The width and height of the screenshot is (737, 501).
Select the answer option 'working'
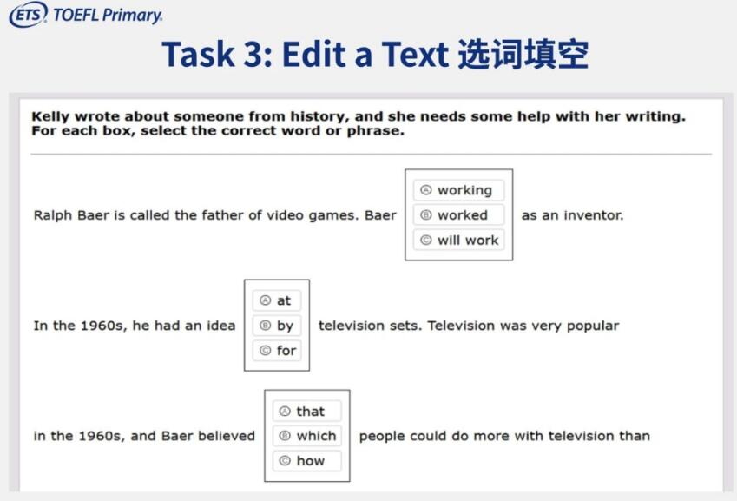coord(458,190)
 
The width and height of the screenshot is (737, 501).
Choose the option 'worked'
coord(458,214)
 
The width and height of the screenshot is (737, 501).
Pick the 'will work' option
coord(458,240)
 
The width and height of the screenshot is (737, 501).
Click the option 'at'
coord(276,300)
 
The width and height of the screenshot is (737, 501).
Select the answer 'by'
coord(276,326)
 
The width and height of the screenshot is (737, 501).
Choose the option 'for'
coord(276,350)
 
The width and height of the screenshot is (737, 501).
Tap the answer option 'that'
coord(307,412)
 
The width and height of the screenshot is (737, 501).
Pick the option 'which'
coord(307,436)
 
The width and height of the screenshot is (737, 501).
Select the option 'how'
coord(307,460)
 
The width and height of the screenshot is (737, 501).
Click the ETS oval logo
coord(28,14)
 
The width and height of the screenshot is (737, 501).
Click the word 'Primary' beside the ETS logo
coord(132,16)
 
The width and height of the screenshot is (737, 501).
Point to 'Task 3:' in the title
coord(217,54)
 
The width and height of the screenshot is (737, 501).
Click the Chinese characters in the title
coord(523,54)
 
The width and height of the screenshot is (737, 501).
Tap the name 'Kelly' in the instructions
coord(50,116)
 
